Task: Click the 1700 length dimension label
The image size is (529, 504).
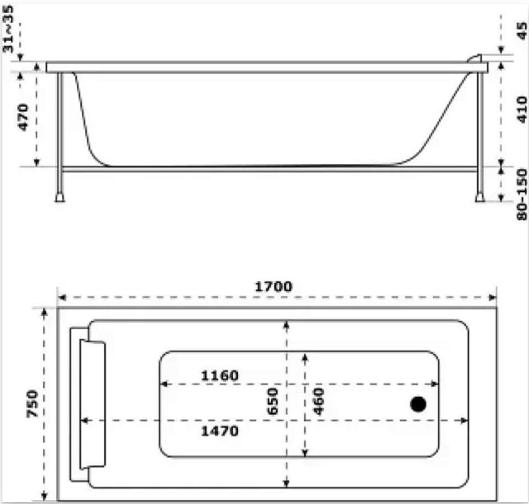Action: [x=273, y=287]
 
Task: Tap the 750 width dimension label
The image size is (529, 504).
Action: [x=32, y=404]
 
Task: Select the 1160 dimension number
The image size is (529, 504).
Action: [x=219, y=376]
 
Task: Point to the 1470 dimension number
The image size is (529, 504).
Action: [x=219, y=431]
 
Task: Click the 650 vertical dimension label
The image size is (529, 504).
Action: [x=273, y=401]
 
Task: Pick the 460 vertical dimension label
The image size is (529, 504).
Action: [x=318, y=401]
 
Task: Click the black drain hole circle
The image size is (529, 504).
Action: [x=418, y=404]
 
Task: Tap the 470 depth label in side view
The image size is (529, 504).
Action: [x=23, y=117]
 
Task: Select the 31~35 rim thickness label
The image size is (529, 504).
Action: [x=8, y=29]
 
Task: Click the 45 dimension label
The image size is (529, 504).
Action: [x=522, y=31]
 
